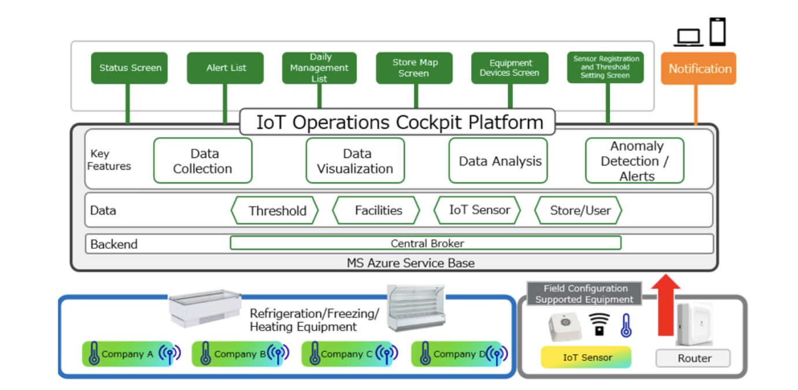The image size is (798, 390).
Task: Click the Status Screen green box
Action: [130, 68]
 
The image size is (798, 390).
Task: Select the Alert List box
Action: [226, 68]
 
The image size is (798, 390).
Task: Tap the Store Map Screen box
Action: [415, 68]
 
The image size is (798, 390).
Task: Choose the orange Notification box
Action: [699, 68]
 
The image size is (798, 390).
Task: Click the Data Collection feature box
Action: [202, 161]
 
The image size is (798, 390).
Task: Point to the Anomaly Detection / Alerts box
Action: [634, 161]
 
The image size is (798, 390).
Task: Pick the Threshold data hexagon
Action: [275, 211]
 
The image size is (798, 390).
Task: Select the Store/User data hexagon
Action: [578, 211]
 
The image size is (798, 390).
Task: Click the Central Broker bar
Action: [426, 243]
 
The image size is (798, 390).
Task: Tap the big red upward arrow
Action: [669, 304]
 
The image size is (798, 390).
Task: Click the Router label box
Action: [693, 358]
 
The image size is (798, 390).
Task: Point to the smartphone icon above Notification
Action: [718, 31]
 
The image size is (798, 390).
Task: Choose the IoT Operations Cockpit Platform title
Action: [398, 122]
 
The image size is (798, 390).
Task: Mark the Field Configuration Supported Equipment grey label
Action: [584, 294]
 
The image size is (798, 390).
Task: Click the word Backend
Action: [114, 244]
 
